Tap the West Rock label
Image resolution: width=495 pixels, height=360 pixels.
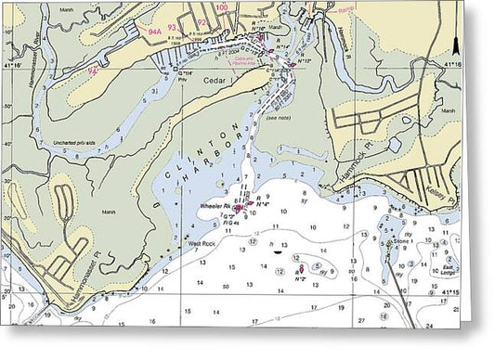point(202,243)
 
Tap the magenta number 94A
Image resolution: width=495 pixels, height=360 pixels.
point(156,31)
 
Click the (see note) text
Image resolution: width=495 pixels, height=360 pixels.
point(278,119)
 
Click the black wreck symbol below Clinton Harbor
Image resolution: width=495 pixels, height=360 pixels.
point(277,251)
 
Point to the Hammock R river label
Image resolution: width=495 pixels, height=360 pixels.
point(345,41)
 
